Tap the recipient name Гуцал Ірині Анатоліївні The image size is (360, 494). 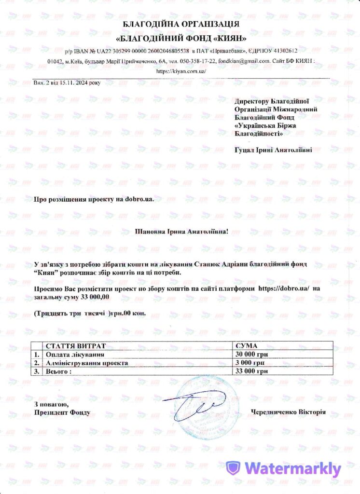pyautogui.click(x=273, y=150)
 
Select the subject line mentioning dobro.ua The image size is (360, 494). pyautogui.click(x=94, y=199)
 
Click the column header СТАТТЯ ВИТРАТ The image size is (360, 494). pyautogui.click(x=76, y=346)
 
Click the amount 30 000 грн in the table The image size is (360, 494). pyautogui.click(x=251, y=355)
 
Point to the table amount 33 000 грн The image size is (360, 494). pyautogui.click(x=251, y=371)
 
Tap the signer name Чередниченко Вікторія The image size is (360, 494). pyautogui.click(x=288, y=412)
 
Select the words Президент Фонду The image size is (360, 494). pyautogui.click(x=62, y=412)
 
